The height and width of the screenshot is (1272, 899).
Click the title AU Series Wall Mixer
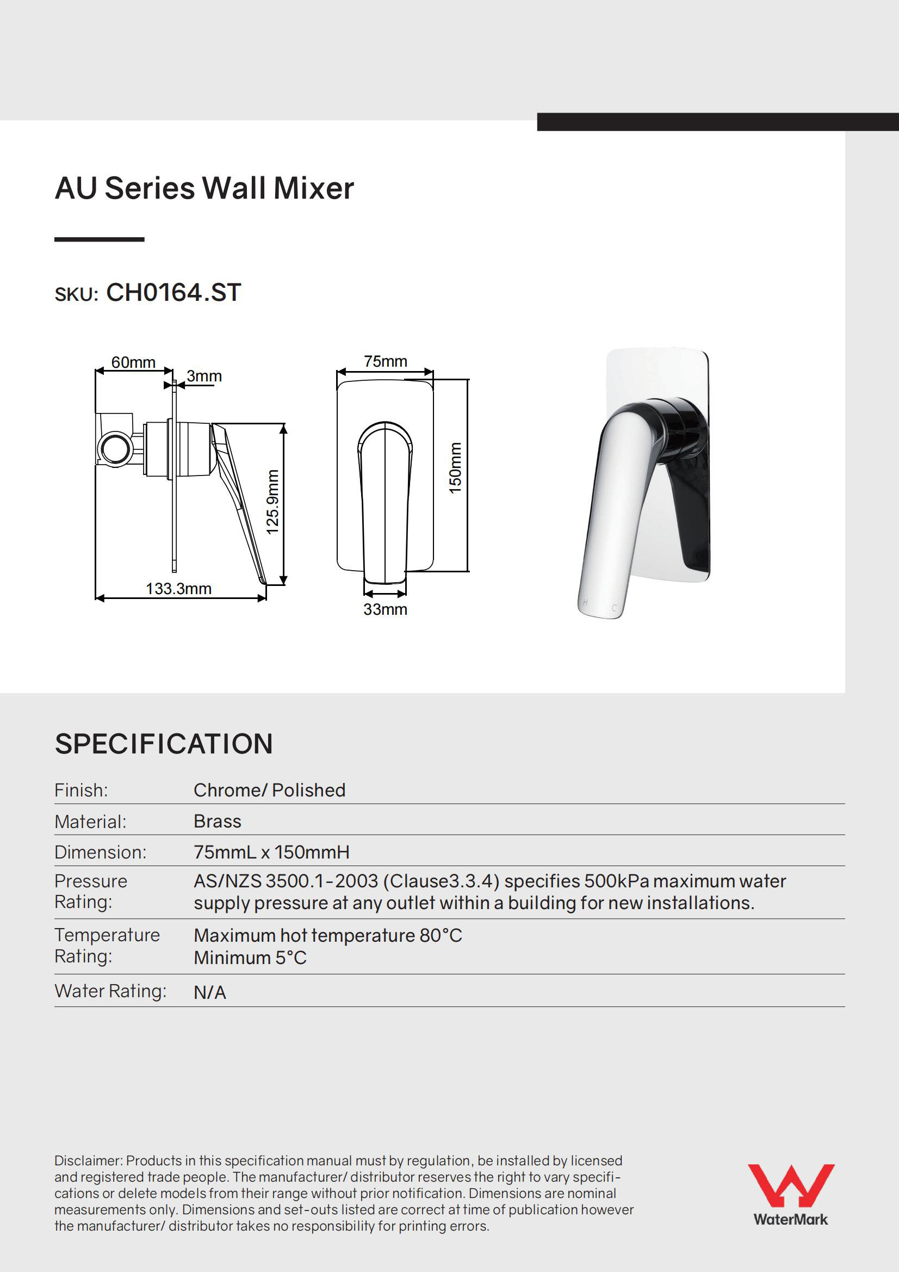pos(204,188)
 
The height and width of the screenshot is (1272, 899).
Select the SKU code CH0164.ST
pos(173,293)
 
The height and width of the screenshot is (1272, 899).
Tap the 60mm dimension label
pos(133,362)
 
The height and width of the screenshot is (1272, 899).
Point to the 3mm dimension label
pos(204,376)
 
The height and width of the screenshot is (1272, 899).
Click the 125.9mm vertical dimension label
pos(272,502)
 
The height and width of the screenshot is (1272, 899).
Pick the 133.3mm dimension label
pos(178,588)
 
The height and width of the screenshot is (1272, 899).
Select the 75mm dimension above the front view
pos(385,361)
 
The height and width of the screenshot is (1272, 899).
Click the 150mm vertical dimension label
pos(455,468)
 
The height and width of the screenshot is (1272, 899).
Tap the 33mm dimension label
pos(385,609)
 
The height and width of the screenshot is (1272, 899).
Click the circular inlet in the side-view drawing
pos(115,448)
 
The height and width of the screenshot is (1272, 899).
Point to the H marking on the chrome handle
pos(586,603)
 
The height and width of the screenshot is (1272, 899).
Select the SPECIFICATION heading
pos(163,744)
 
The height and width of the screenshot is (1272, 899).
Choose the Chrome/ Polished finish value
pos(269,790)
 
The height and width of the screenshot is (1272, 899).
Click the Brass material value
pos(217,821)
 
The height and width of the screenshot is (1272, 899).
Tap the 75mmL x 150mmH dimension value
pos(271,852)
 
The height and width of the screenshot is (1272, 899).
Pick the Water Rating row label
pos(110,991)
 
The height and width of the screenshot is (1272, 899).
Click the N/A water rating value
pos(209,993)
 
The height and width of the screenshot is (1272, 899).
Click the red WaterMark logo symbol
pos(790,1186)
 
